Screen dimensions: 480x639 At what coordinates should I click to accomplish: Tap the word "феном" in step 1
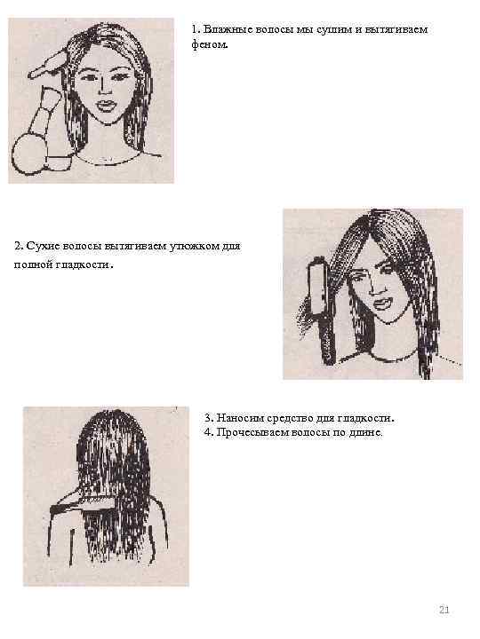point(210,44)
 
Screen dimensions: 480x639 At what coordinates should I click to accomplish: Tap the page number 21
point(444,610)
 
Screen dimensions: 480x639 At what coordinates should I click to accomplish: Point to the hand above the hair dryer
point(48,65)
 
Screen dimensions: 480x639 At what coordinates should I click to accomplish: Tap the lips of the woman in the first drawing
point(106,106)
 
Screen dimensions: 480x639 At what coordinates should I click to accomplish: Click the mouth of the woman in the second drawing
point(382,303)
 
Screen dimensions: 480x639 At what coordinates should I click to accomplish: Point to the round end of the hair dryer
point(28,155)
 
